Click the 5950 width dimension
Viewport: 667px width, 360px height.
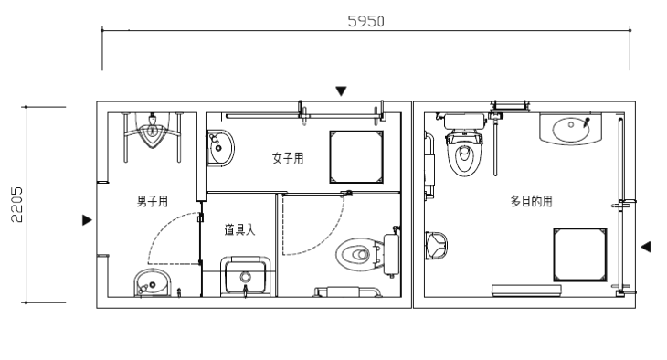(x=365, y=21)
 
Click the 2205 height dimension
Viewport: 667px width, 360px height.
(x=16, y=205)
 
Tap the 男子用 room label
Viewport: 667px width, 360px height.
(x=153, y=201)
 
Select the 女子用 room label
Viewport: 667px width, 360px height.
(x=288, y=158)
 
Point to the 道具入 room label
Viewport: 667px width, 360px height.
(x=239, y=229)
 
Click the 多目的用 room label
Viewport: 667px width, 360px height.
(x=531, y=201)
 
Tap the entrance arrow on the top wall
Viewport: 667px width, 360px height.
(x=341, y=91)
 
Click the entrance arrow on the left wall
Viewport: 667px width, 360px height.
(x=87, y=220)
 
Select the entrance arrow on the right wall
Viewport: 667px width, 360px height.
(x=646, y=247)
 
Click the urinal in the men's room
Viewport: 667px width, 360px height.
(x=152, y=131)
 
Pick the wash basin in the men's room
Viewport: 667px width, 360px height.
(x=153, y=283)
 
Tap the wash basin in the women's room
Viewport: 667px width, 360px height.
(x=220, y=148)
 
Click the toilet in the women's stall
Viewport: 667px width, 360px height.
(x=368, y=254)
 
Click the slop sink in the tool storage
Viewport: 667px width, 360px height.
(x=246, y=277)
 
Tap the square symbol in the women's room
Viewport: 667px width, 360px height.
(x=356, y=157)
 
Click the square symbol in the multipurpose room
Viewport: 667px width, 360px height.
(x=580, y=255)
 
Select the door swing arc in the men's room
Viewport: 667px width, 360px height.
(x=157, y=229)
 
